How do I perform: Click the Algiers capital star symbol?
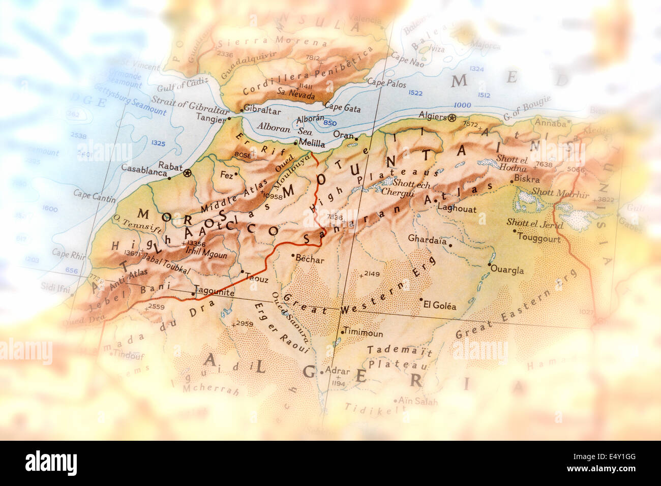pos(452,118)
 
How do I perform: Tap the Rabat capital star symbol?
pos(188,173)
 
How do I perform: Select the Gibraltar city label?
pos(262,109)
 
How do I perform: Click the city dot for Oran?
pos(356,138)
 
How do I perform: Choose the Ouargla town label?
pos(508,270)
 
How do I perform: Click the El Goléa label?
pos(440,306)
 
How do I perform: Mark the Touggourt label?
pos(539,238)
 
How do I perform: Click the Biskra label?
pos(527,179)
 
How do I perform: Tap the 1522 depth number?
pos(415,93)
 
